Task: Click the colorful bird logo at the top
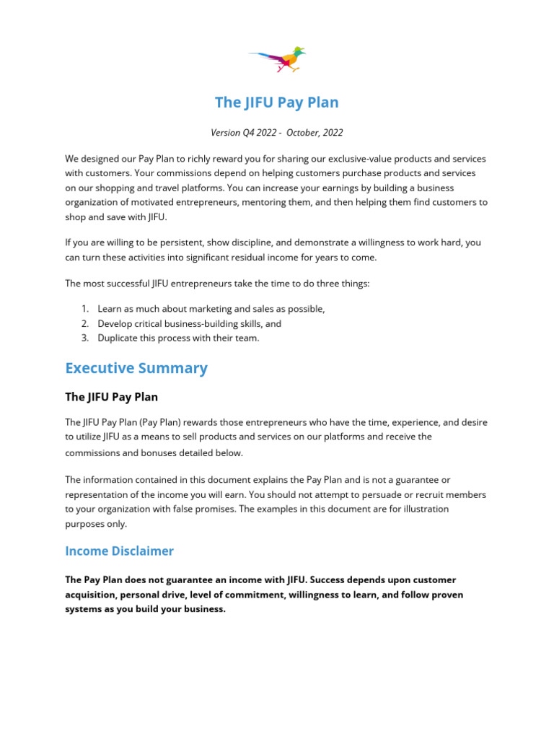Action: (278, 58)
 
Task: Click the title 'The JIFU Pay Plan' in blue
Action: (276, 102)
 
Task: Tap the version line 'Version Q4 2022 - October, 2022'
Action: (276, 133)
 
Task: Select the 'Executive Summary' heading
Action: (136, 368)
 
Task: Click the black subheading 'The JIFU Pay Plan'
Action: (111, 397)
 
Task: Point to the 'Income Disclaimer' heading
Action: (119, 551)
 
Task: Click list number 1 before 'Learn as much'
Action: (84, 309)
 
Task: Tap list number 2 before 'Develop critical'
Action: (84, 324)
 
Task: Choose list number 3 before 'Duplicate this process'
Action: (84, 338)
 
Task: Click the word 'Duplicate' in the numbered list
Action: (120, 338)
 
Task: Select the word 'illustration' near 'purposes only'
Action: (422, 509)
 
